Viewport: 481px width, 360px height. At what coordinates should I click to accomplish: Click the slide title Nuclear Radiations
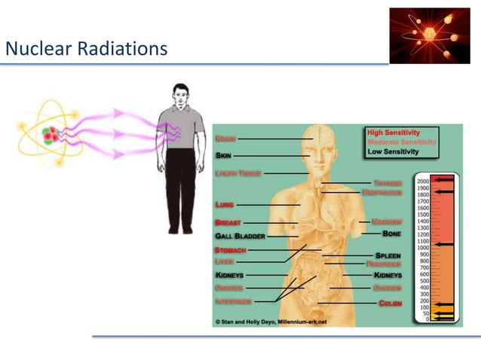(86, 50)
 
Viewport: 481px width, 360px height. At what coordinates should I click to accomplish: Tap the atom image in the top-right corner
(429, 35)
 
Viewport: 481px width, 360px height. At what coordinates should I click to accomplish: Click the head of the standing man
(180, 96)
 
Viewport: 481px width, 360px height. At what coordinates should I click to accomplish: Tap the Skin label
(224, 156)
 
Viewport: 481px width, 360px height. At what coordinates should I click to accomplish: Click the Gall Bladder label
(240, 236)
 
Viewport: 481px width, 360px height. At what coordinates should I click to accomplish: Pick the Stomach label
(230, 249)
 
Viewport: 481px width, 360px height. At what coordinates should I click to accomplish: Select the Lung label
(224, 204)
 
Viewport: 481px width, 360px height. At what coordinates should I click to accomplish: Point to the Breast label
(228, 223)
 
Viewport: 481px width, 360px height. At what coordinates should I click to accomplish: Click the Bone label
(392, 234)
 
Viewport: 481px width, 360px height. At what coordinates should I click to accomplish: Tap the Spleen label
(388, 255)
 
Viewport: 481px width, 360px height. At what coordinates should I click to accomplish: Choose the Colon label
(391, 303)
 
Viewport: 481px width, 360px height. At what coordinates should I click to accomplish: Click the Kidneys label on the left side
(229, 276)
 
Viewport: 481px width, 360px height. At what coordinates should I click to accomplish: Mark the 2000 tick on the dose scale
(423, 182)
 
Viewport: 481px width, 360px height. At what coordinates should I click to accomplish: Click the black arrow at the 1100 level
(445, 244)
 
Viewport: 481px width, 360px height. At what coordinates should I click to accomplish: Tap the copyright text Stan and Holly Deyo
(270, 322)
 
